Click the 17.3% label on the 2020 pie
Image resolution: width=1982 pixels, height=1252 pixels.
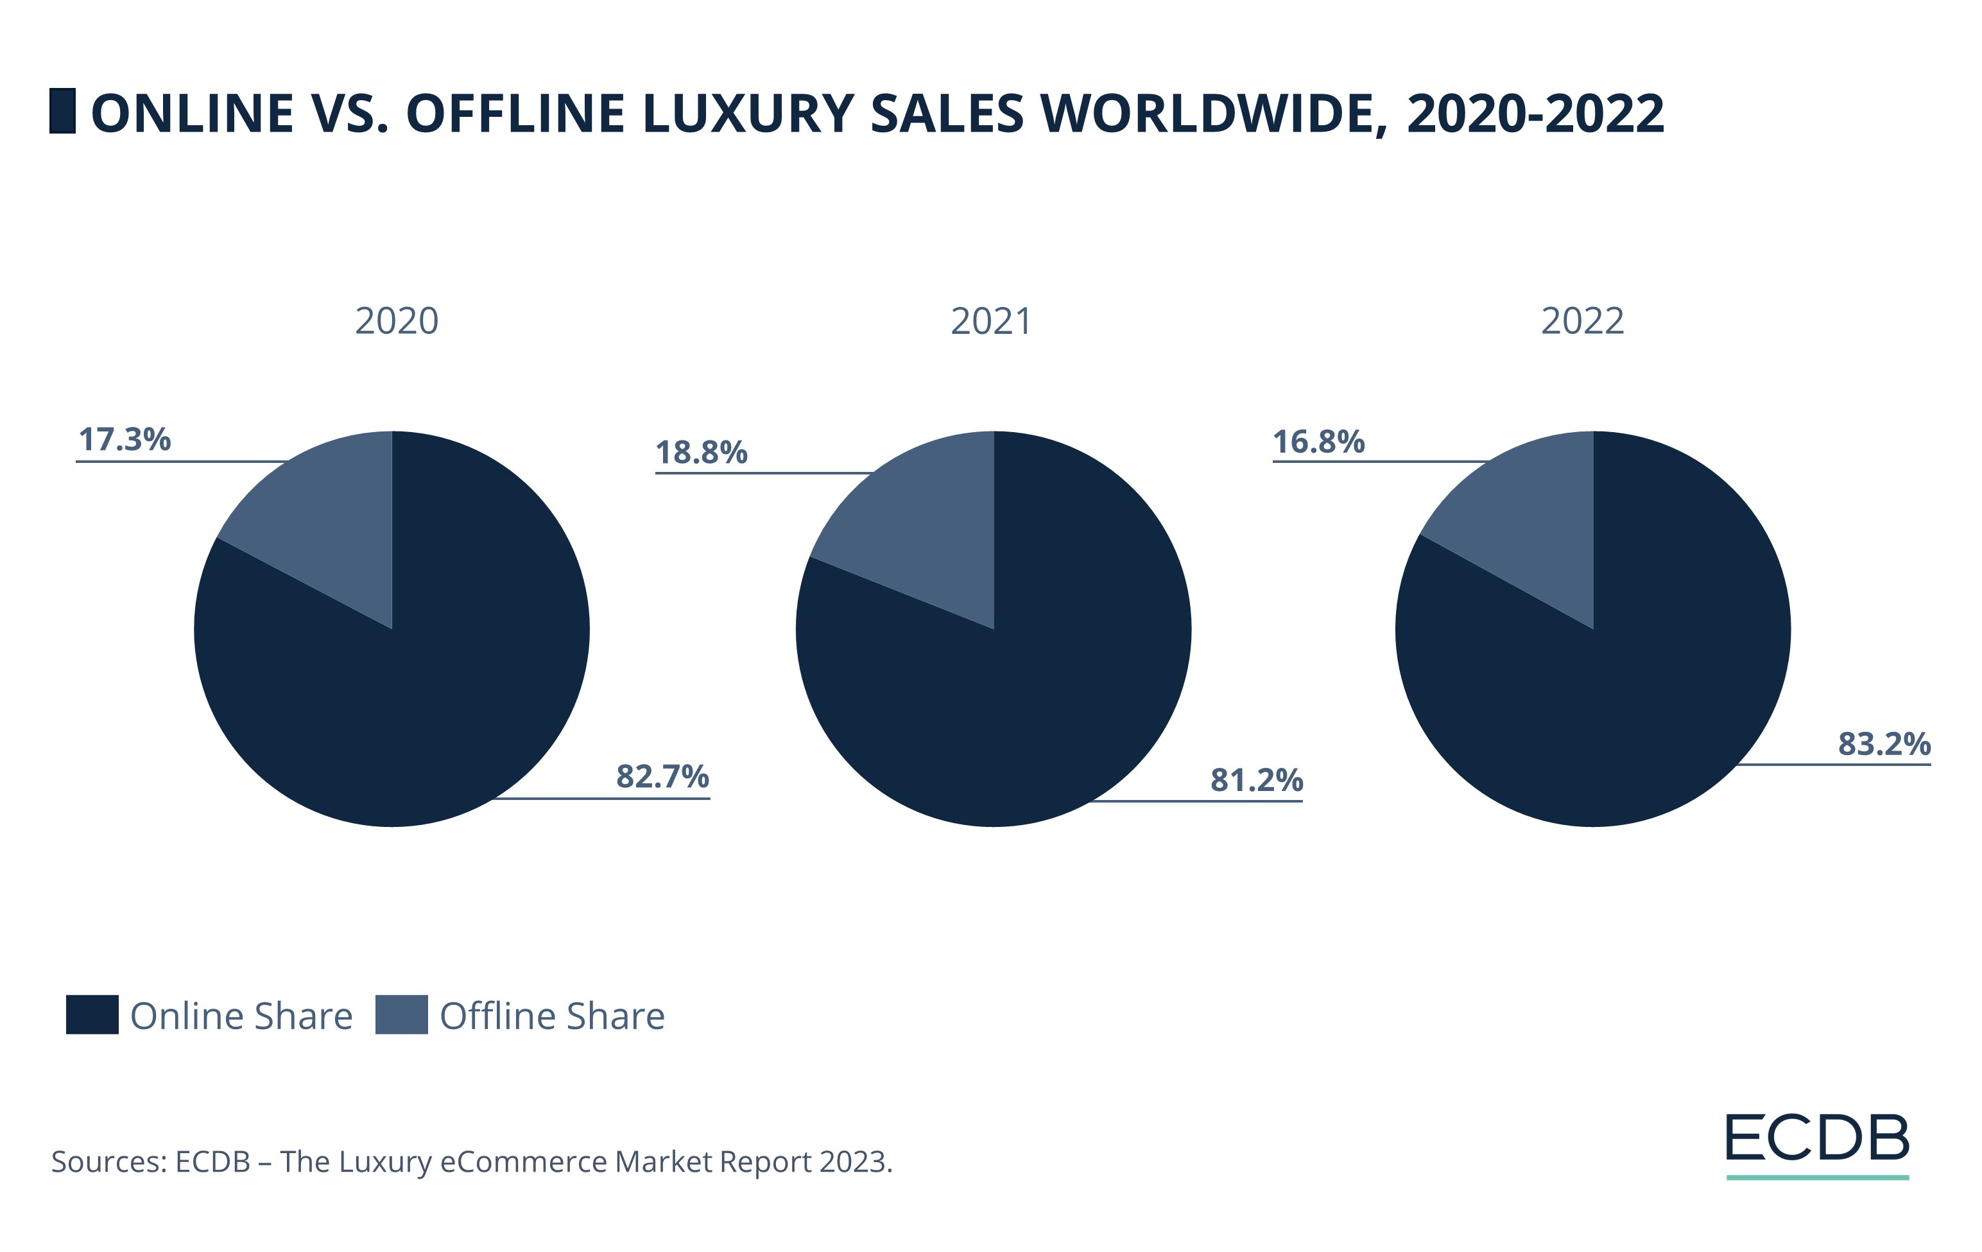(x=125, y=440)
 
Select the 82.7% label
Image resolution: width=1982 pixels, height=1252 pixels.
(x=662, y=776)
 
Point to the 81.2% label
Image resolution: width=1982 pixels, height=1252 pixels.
(x=1255, y=779)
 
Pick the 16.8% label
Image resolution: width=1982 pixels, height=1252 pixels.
(x=1318, y=441)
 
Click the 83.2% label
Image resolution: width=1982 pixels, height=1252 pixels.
(x=1883, y=743)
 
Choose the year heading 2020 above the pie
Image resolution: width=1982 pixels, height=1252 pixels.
(x=396, y=320)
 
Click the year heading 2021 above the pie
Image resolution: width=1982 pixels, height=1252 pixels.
(x=990, y=320)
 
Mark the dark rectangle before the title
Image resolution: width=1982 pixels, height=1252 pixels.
(x=62, y=110)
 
